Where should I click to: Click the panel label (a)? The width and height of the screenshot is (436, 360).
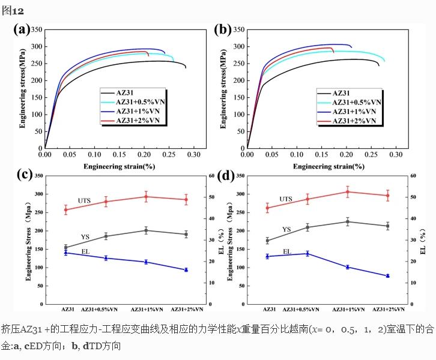pyautogui.click(x=22, y=29)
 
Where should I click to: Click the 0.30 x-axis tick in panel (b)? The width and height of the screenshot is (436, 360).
pyautogui.click(x=395, y=155)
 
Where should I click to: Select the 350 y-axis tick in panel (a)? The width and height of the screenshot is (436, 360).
pyautogui.click(x=37, y=29)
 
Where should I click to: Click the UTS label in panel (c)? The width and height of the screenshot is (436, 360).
pyautogui.click(x=84, y=200)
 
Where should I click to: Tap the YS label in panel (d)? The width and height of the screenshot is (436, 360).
pyautogui.click(x=286, y=229)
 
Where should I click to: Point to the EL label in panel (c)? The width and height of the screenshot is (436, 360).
pyautogui.click(x=85, y=251)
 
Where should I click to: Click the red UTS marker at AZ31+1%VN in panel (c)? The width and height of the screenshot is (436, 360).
pyautogui.click(x=146, y=197)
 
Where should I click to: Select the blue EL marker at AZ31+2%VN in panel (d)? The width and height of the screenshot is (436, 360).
pyautogui.click(x=387, y=276)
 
